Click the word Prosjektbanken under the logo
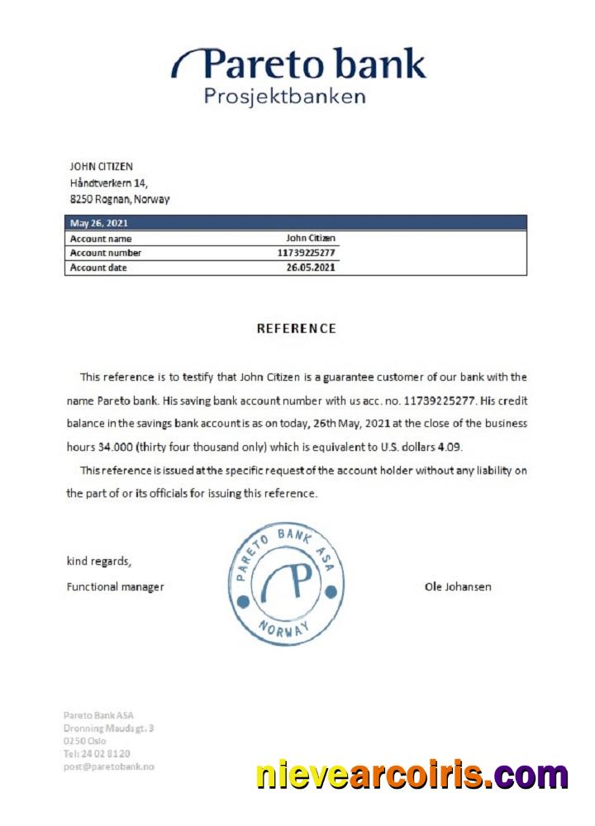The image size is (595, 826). point(284,97)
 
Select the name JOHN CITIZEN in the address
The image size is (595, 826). point(101,167)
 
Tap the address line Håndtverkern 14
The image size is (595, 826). point(108,183)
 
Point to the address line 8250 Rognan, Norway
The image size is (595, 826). point(120,200)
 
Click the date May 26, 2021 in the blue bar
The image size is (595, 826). point(98,223)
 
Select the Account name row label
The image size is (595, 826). point(101,239)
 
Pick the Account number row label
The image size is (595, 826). point(106,253)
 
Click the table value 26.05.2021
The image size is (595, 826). point(311,268)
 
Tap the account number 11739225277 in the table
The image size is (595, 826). point(307,253)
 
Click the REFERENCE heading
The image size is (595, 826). point(297,329)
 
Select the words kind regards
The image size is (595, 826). point(98,562)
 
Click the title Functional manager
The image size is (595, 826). point(115,587)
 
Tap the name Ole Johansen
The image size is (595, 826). point(458,587)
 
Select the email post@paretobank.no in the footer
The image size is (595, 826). point(109,767)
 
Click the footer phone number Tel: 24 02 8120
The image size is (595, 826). point(97,753)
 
